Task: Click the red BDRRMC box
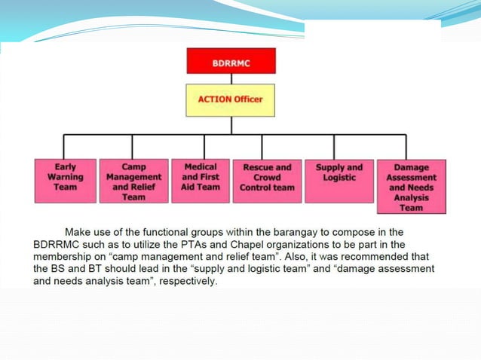231,61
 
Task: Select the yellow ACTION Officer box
231,99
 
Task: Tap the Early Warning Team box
65,181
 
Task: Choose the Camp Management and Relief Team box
133,181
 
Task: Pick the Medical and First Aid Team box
200,180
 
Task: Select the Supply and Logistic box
339,181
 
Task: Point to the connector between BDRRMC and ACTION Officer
231,78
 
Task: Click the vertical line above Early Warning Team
64,147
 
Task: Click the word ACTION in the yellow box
214,99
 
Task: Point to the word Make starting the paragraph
80,232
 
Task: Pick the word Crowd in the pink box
266,178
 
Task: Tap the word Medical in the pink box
201,166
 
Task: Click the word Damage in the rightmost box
412,167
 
